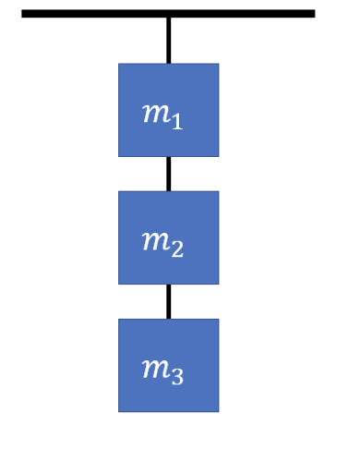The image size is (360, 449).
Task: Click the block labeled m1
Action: tap(168, 110)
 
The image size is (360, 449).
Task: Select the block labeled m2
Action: tap(168, 237)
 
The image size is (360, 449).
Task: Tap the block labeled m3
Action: tap(168, 365)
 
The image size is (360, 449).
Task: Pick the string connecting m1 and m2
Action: tap(168, 174)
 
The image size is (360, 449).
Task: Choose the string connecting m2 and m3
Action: tap(168, 301)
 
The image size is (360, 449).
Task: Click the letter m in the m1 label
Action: tap(154, 114)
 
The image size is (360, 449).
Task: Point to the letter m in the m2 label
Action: tap(154, 241)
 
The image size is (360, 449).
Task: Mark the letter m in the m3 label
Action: tap(154, 370)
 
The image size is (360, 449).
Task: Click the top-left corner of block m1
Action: tap(119, 65)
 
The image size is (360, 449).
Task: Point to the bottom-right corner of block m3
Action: tap(218, 410)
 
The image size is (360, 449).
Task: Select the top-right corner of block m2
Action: tap(218, 192)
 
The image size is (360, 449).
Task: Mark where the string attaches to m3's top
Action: tap(168, 319)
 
